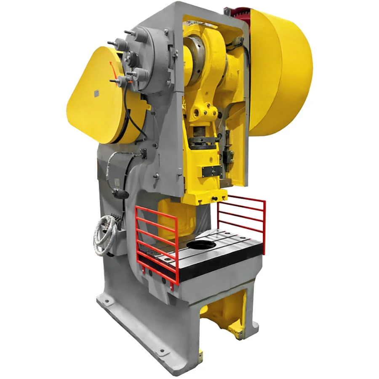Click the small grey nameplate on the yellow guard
point(96,93)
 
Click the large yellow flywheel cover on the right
point(280,72)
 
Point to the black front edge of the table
point(219,270)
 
